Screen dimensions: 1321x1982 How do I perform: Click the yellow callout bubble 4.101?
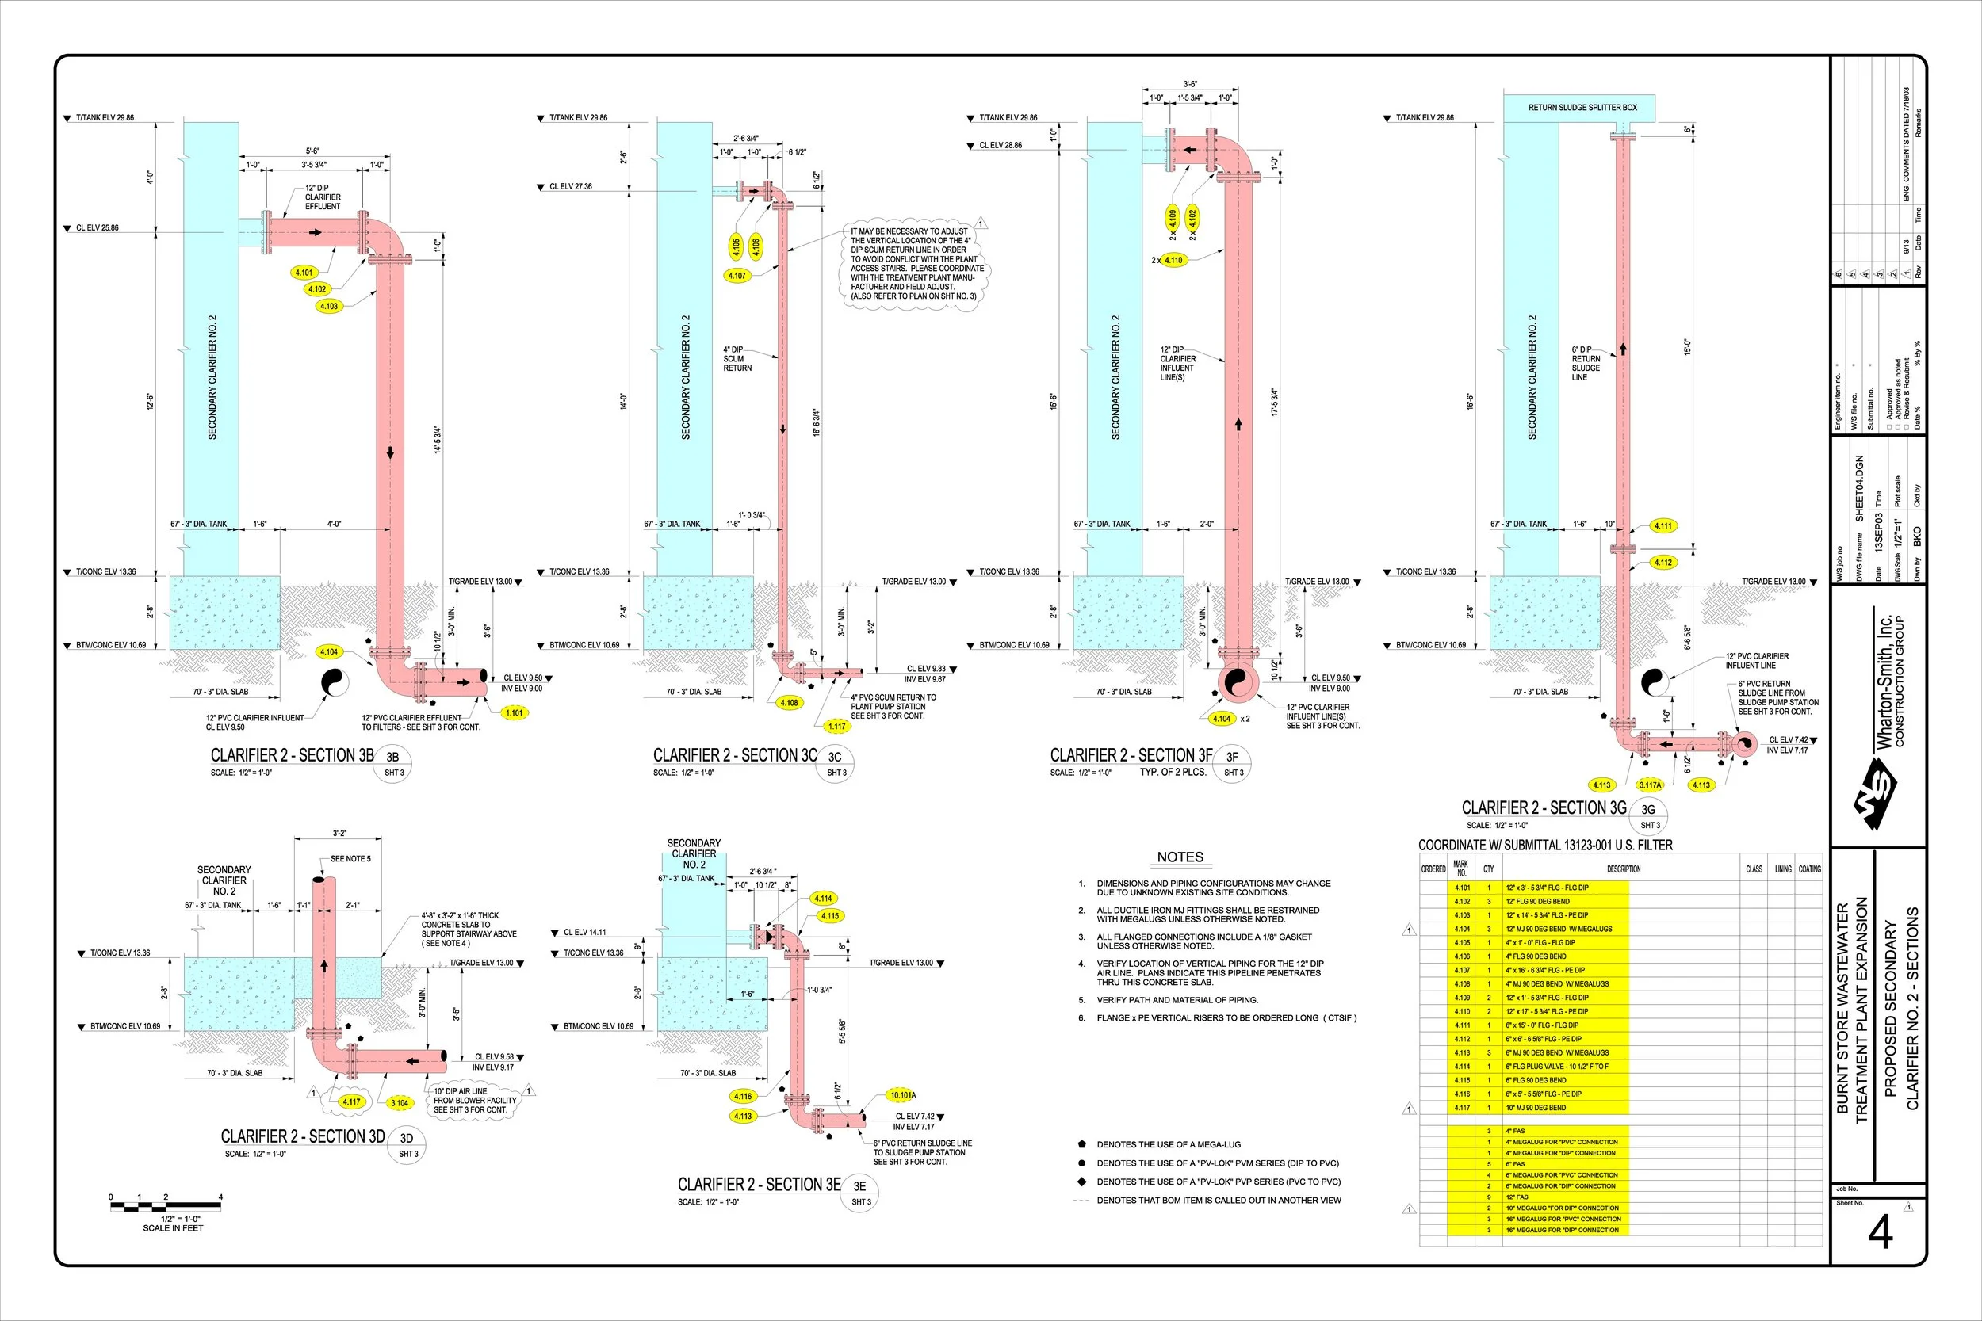point(304,273)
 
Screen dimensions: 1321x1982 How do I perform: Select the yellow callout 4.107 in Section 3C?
point(737,276)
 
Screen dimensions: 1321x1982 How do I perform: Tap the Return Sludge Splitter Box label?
point(1582,108)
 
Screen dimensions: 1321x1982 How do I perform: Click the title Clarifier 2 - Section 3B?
point(292,756)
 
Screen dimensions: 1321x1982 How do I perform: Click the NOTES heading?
point(1180,857)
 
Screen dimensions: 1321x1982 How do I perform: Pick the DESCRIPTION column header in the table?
point(1623,869)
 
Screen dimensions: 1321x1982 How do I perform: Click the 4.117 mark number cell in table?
point(1462,1108)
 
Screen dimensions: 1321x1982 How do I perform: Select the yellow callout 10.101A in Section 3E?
point(901,1095)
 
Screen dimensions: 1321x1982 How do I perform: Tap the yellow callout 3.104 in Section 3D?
point(400,1103)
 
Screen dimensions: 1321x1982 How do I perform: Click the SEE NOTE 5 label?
point(350,858)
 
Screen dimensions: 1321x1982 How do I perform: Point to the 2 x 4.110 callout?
point(1169,261)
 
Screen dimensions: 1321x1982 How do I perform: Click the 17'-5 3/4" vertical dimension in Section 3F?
point(1274,402)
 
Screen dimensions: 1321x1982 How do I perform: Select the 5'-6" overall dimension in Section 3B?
point(312,151)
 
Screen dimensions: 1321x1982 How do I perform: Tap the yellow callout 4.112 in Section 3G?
point(1663,563)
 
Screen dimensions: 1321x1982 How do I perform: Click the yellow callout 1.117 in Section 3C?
point(836,726)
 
